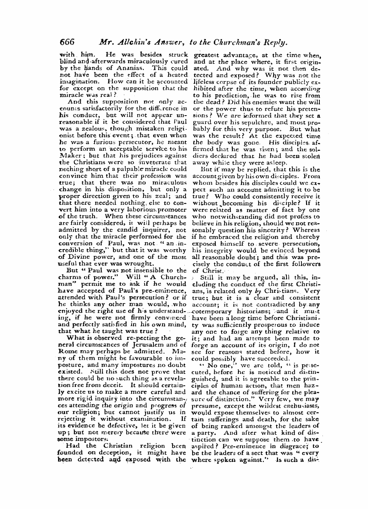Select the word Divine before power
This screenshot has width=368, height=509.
tap(78, 257)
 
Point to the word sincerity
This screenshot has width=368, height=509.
tap(278, 230)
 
